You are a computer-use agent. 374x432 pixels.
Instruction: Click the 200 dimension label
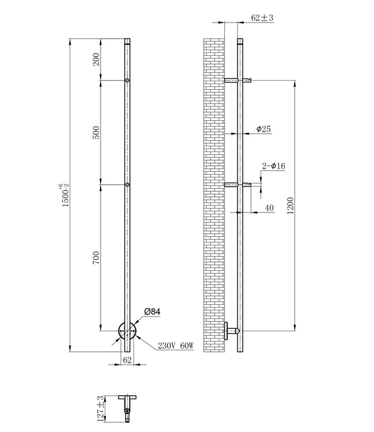96,60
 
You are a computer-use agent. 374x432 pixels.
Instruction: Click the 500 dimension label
96,132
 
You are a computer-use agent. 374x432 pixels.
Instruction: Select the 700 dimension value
96,257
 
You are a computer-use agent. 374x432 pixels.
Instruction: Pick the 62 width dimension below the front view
127,359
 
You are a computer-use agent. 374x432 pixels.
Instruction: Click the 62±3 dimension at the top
262,18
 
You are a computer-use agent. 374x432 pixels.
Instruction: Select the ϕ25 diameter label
262,129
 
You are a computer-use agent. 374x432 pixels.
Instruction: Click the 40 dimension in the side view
269,208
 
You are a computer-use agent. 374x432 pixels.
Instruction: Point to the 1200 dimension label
290,206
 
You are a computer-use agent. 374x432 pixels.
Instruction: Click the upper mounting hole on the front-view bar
127,81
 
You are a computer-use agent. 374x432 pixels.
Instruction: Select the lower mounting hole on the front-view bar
127,185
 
